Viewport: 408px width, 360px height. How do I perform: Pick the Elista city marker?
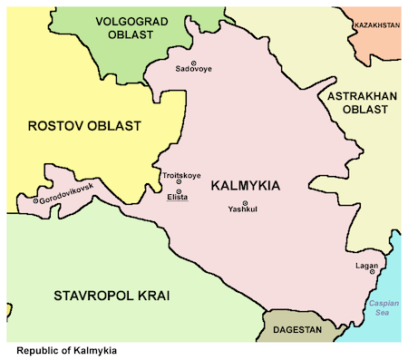(179, 190)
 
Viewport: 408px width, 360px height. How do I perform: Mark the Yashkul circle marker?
(244, 202)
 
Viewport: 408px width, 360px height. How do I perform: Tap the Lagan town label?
(367, 266)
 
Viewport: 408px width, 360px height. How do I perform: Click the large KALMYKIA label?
(245, 186)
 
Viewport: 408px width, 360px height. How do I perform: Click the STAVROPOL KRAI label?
(112, 297)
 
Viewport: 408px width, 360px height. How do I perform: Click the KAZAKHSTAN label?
(376, 25)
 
